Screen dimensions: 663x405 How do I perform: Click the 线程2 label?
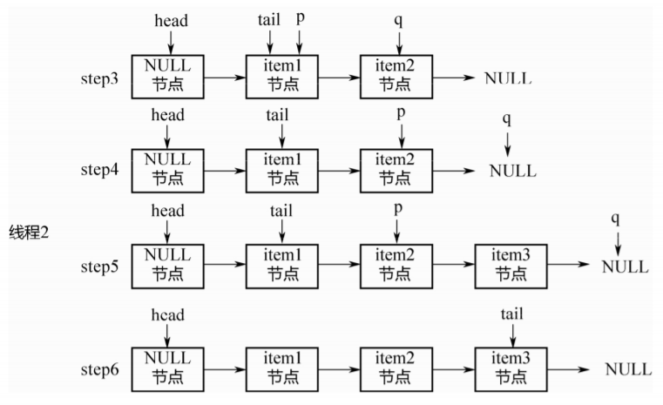[29, 232]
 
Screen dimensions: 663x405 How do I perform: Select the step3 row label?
[99, 79]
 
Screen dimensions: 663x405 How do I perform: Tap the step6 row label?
[99, 370]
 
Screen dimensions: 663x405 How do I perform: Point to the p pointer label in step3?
[301, 18]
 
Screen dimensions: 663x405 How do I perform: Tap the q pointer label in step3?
[398, 20]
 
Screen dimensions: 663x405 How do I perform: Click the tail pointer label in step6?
[511, 314]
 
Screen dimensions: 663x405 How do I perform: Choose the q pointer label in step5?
[615, 219]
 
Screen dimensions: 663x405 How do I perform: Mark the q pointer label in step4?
[506, 119]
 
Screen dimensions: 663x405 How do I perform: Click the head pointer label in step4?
[168, 115]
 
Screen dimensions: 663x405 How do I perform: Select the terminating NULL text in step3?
[508, 78]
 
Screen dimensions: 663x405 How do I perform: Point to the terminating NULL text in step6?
[628, 369]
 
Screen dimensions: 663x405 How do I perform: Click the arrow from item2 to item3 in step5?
[454, 264]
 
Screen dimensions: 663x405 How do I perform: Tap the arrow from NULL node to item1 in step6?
[225, 369]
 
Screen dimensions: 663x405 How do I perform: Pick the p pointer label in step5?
[398, 209]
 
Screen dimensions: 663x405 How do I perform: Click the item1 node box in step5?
[282, 267]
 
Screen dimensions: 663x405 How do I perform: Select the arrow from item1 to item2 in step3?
[339, 78]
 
